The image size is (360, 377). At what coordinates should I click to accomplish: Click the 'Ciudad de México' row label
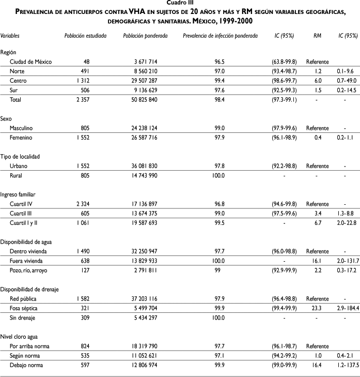(34, 62)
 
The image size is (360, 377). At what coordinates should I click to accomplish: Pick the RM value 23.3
(317, 307)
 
